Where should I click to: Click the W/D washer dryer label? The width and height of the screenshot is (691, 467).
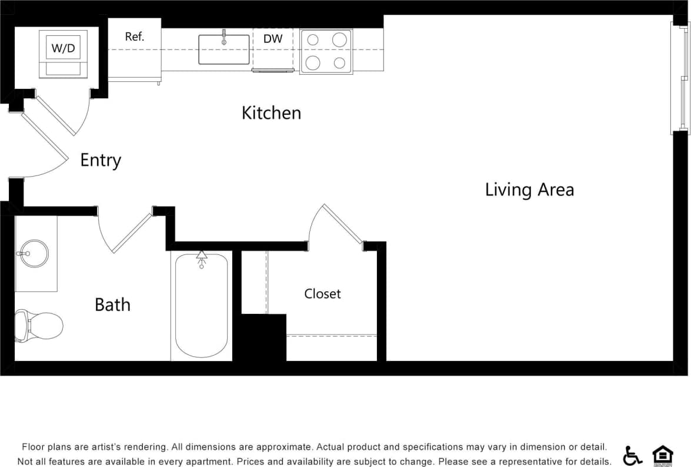click(63, 48)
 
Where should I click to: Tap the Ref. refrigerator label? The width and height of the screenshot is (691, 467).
click(135, 37)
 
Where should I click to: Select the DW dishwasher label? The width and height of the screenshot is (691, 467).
click(273, 39)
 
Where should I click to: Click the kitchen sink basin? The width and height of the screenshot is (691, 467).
click(224, 51)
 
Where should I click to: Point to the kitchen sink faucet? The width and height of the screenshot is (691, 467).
click(224, 37)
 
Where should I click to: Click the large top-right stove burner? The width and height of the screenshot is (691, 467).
click(339, 39)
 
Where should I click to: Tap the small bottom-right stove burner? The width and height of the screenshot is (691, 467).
click(339, 62)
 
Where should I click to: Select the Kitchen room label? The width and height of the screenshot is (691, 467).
click(271, 112)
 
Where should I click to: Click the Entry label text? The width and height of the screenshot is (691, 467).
click(101, 160)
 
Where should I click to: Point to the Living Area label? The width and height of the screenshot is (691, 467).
click(529, 190)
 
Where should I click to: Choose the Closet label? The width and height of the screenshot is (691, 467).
click(322, 293)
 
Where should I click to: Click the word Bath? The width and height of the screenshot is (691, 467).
click(112, 304)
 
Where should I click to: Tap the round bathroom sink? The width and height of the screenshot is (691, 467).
click(34, 254)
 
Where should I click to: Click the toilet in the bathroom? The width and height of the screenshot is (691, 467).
click(39, 325)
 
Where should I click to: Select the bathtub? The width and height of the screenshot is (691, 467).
click(201, 306)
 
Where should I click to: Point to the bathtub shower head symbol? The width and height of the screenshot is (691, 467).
click(202, 257)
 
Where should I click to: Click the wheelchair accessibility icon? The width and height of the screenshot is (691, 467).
click(633, 455)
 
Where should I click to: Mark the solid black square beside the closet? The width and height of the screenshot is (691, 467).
click(263, 337)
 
